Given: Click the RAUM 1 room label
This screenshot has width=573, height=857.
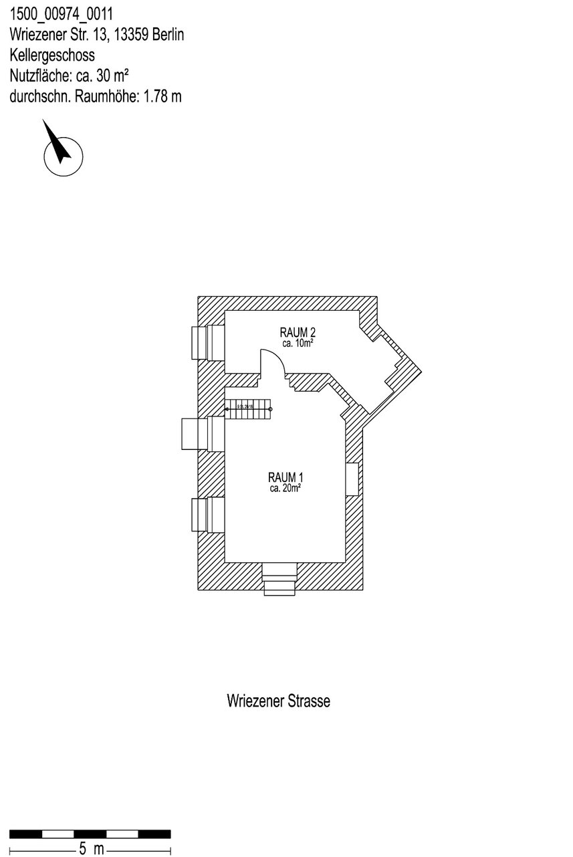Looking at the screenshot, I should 285,477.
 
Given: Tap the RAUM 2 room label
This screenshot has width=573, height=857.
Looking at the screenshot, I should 297,332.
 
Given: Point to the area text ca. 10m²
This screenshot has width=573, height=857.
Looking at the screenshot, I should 298,343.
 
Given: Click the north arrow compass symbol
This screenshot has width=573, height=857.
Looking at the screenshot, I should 62,152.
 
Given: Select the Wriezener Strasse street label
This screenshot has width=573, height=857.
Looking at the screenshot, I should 278,701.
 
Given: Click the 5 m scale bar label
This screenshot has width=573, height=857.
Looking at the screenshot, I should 91,849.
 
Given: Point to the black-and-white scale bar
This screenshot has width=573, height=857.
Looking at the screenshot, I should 90,834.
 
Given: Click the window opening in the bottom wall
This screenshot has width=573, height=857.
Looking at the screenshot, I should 279,578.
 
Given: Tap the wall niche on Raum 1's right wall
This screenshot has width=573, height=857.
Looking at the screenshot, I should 352,478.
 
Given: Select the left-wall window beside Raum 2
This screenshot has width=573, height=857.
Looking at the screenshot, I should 208,342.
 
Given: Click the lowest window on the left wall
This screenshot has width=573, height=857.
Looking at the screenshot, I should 208,514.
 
